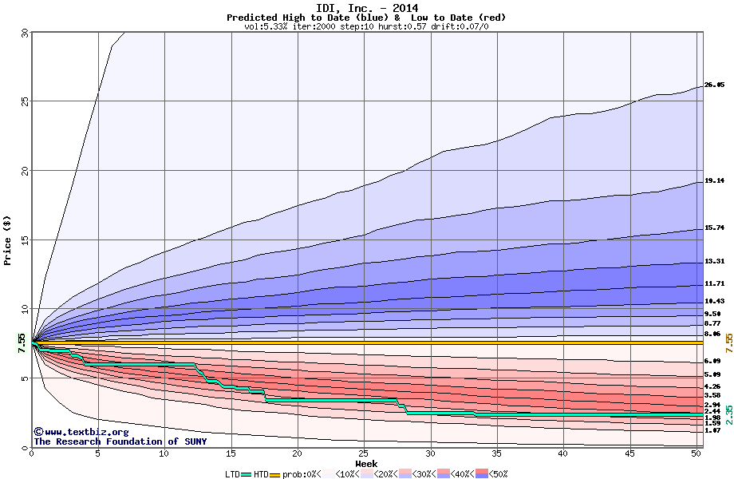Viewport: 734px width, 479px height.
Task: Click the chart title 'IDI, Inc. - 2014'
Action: [x=366, y=7]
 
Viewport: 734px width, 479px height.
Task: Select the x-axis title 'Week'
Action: [x=366, y=463]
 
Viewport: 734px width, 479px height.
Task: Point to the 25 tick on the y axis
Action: [x=23, y=101]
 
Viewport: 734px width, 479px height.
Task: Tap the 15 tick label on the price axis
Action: [x=23, y=239]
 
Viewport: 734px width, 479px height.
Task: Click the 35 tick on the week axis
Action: [x=496, y=453]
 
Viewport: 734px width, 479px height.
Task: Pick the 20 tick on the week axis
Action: [x=297, y=453]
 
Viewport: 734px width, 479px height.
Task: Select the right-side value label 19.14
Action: [x=714, y=181]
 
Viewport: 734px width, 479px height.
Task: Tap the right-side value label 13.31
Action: [x=714, y=261]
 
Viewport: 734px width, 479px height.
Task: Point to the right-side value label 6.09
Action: [x=712, y=361]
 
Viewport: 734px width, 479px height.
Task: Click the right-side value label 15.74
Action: [x=714, y=228]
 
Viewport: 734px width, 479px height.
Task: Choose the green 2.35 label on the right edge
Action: [x=728, y=414]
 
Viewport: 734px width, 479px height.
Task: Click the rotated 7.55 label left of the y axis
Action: [x=22, y=342]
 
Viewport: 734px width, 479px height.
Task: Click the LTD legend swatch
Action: [x=246, y=474]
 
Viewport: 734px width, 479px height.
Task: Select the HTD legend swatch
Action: [x=276, y=474]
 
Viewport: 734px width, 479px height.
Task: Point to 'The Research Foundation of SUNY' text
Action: [x=120, y=441]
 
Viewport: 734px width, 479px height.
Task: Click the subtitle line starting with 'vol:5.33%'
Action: [x=366, y=26]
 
